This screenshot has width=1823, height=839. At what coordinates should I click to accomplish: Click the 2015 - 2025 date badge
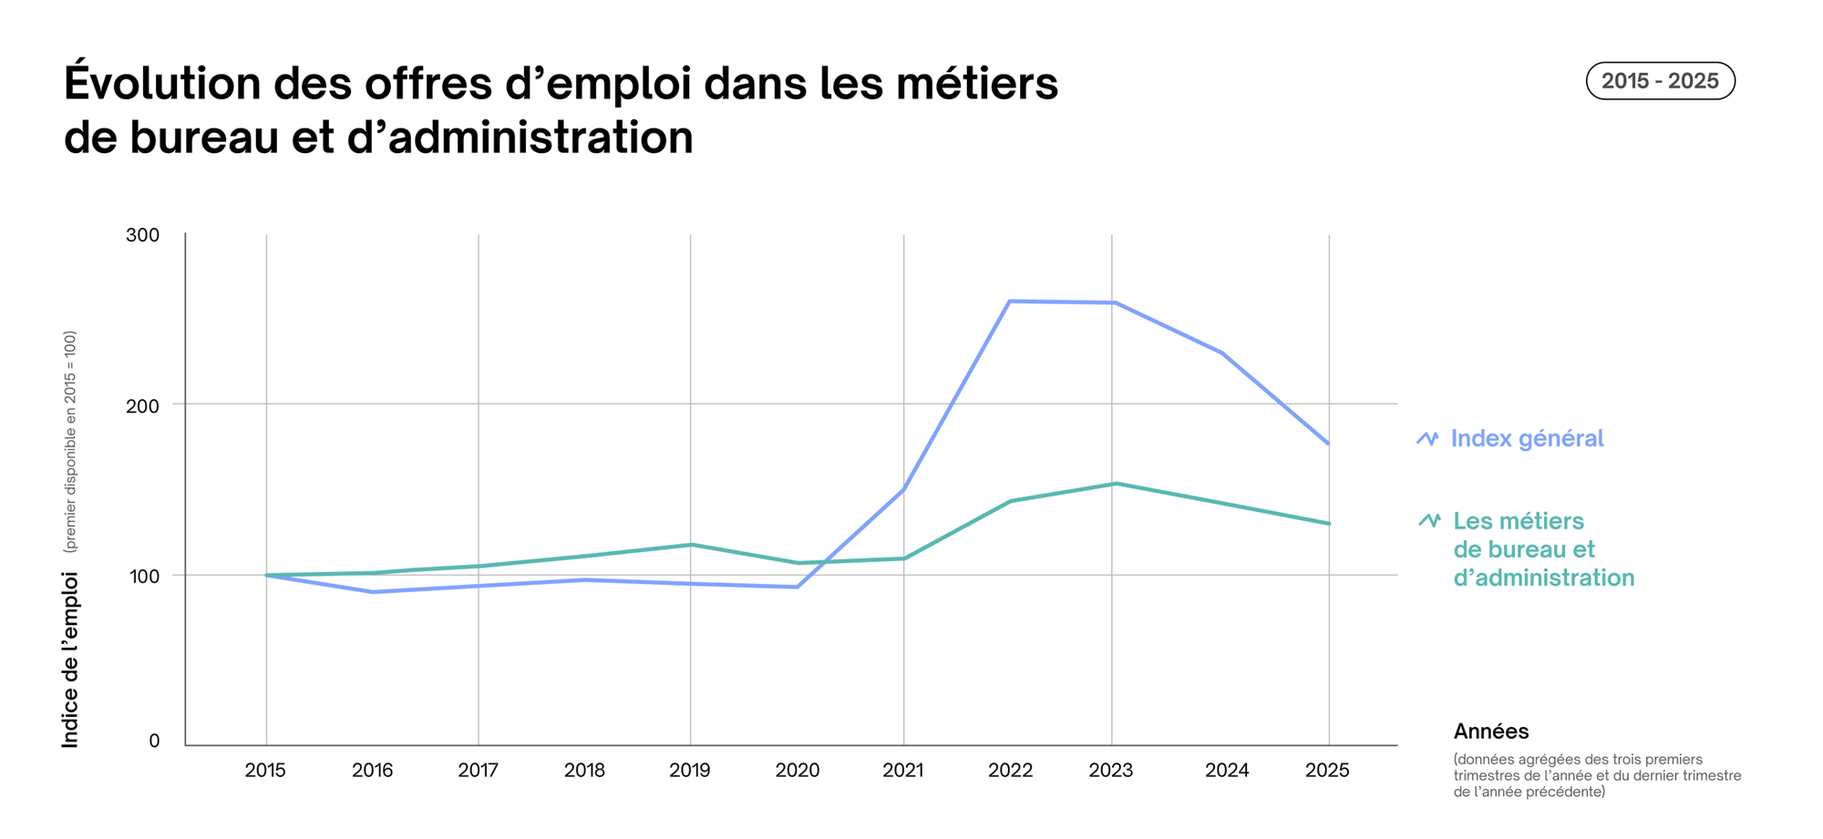pos(1660,81)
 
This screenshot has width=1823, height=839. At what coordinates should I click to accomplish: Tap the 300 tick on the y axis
pos(142,235)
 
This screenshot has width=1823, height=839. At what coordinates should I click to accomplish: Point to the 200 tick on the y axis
pos(142,405)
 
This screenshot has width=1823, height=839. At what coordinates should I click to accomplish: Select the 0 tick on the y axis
pos(154,742)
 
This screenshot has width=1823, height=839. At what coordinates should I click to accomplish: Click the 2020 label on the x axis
pos(797,771)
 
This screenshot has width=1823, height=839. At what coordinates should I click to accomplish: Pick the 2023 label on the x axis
pos(1110,771)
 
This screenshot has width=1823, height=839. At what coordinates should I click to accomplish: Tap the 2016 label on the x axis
pos(372,771)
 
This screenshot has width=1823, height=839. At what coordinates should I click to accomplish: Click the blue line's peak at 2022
pos(1010,302)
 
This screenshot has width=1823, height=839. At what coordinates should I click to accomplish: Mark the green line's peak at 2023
pos(1115,484)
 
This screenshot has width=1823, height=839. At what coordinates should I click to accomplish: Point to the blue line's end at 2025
pos(1328,444)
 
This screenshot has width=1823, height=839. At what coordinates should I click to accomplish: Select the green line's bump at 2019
pos(690,545)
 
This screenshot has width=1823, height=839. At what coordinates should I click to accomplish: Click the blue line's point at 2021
pos(902,490)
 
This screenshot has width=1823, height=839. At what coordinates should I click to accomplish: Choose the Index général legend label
pos(1527,439)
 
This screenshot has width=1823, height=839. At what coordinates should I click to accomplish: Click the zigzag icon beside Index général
pos(1427,439)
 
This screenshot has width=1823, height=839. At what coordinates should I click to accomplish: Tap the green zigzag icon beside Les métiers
pos(1429,521)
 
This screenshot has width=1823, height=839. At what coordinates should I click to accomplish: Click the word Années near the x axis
pos(1490,732)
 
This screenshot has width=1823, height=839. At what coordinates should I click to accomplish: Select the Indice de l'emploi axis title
pos(70,660)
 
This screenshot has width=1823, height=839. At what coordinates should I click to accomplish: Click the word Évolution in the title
pos(162,84)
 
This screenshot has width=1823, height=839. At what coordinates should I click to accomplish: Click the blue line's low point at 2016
pos(373,592)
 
